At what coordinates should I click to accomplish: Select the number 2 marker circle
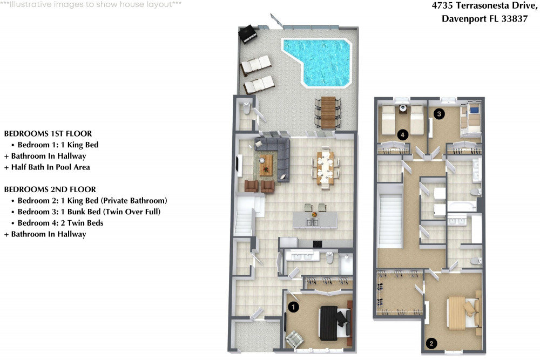[x=431, y=342]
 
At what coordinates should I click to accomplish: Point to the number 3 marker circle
[x=440, y=113]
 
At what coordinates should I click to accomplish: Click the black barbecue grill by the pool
[x=249, y=34]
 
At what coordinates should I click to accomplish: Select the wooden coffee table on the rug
[x=266, y=165]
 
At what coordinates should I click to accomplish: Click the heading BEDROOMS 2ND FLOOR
[x=50, y=189]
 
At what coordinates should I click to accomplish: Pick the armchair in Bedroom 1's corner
[x=295, y=339]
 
